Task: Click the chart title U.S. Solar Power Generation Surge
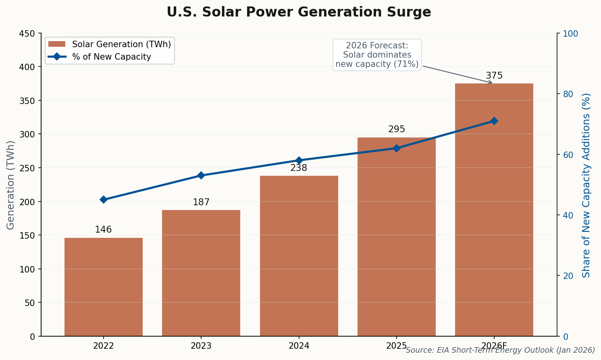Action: point(299,12)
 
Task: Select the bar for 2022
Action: point(104,287)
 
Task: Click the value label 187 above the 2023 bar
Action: point(201,202)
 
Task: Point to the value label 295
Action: point(396,129)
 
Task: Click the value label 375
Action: point(494,76)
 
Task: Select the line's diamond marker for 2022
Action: point(104,200)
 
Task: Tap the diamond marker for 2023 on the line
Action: point(201,175)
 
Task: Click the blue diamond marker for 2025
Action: point(396,148)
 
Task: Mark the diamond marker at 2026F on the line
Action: point(494,121)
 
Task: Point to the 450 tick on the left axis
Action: point(27,33)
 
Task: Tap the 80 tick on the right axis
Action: point(568,94)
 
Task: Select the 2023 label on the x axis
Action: point(201,346)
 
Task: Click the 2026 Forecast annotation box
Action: point(377,55)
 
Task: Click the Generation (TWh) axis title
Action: point(10,185)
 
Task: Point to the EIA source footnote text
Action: point(500,350)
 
